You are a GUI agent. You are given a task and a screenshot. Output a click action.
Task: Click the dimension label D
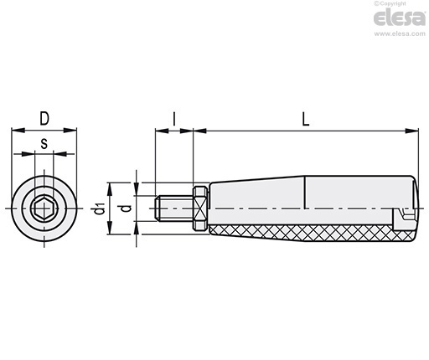44,119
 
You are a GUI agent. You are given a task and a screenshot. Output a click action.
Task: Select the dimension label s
44,144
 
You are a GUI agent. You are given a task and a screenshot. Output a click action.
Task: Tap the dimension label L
306,120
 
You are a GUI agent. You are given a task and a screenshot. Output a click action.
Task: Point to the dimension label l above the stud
174,119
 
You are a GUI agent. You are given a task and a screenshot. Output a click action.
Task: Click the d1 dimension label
99,208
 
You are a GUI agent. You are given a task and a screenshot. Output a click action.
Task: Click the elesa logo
400,18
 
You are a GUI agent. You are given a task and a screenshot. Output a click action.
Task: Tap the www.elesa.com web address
400,33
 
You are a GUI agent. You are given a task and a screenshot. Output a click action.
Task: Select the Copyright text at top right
390,3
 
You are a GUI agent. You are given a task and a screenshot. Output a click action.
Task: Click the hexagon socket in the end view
44,208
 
